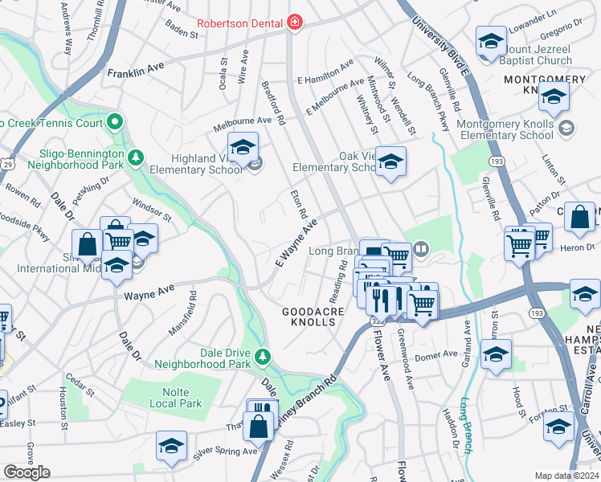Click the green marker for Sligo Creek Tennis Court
click(x=115, y=123)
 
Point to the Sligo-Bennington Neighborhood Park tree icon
click(x=137, y=156)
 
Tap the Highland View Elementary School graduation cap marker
click(x=242, y=148)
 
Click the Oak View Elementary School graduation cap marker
click(x=390, y=161)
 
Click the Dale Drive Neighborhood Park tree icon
click(x=261, y=357)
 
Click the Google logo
click(x=27, y=472)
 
